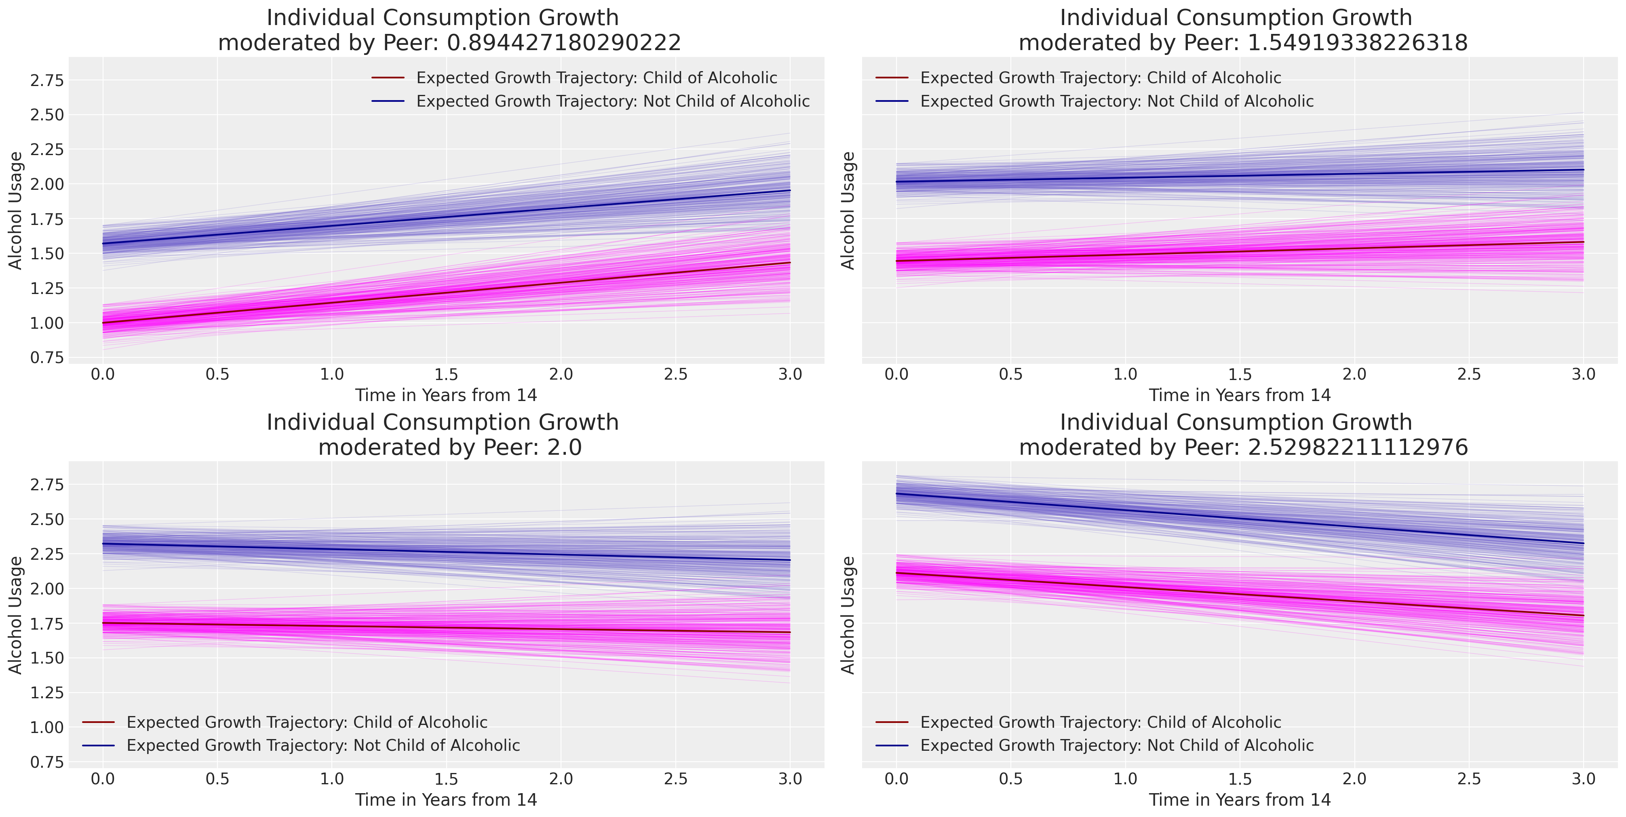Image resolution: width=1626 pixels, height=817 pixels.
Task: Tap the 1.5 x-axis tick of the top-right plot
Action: coord(1240,374)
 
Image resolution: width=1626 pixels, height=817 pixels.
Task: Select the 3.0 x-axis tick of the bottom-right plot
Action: coord(1583,779)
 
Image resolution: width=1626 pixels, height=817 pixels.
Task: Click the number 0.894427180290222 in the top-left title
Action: coord(564,43)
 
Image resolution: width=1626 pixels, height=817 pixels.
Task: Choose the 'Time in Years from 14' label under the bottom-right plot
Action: coord(1240,800)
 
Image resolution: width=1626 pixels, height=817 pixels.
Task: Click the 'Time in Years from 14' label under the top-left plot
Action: coord(446,395)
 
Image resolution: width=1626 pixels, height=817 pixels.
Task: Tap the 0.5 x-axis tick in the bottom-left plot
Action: coord(217,779)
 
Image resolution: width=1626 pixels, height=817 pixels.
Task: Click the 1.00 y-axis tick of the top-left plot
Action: coord(47,323)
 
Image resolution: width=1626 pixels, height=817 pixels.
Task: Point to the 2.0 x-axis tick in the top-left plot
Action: coord(561,374)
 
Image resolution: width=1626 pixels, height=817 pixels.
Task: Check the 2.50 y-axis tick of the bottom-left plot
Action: coord(47,520)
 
